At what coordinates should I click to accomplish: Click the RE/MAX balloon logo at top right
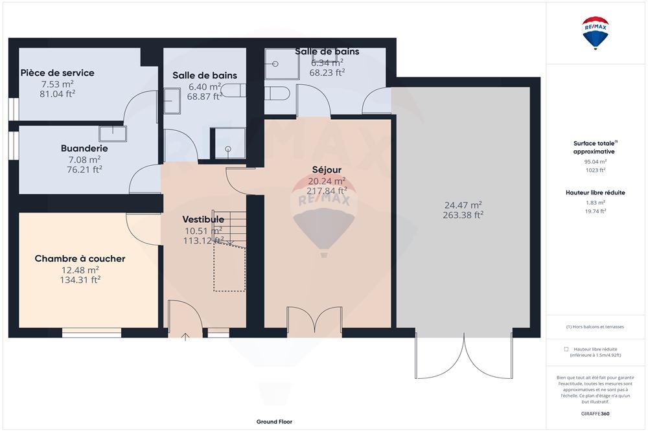596,34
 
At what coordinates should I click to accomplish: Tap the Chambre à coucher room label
80,259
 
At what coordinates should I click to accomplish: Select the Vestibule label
203,219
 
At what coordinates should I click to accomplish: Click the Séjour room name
327,170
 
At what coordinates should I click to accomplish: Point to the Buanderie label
84,148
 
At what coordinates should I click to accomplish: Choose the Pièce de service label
57,73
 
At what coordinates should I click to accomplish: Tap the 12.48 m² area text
80,270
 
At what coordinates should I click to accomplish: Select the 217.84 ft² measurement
327,190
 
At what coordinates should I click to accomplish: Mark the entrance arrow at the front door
185,336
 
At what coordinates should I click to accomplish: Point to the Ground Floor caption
274,422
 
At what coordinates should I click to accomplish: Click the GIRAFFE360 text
595,413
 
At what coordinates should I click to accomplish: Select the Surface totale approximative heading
595,147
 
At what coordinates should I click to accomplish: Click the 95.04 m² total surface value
595,161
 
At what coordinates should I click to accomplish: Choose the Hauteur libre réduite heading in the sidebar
595,192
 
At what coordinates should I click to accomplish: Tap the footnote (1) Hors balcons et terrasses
595,327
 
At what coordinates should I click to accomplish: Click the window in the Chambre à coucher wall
91,334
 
